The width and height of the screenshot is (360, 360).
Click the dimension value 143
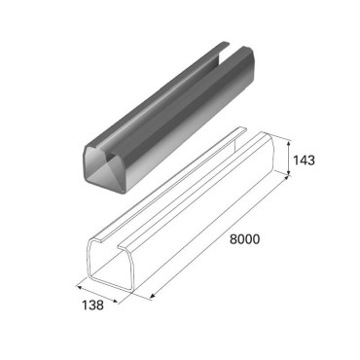[x=304, y=161]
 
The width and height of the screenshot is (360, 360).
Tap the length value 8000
[x=245, y=239]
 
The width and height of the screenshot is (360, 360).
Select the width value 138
[x=92, y=306]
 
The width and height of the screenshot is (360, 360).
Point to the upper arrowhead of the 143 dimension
[x=289, y=140]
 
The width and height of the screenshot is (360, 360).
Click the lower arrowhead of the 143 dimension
[x=288, y=173]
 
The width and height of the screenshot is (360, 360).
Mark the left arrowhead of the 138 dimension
[x=79, y=287]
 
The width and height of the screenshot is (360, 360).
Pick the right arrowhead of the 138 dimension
[x=115, y=301]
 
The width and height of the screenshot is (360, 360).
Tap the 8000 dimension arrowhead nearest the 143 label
[x=285, y=178]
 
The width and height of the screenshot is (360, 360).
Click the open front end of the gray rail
[x=104, y=168]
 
